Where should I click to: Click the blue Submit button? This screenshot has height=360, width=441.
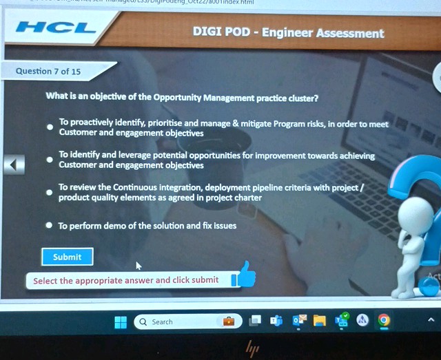[x=67, y=257]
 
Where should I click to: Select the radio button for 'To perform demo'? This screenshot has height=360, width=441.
[x=49, y=225]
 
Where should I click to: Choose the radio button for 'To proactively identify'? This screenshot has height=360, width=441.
[x=49, y=127]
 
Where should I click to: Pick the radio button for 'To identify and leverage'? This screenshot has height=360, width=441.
[x=49, y=160]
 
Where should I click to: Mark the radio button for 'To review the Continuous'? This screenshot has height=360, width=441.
[x=49, y=192]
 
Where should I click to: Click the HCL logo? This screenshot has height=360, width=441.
[x=56, y=28]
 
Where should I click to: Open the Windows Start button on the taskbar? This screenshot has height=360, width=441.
[x=121, y=321]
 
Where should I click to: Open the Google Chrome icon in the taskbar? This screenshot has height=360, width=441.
[x=384, y=320]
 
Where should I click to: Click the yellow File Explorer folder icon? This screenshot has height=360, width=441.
[x=319, y=321]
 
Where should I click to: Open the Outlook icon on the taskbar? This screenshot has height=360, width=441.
[x=299, y=321]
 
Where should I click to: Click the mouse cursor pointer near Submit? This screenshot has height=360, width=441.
[x=139, y=265]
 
